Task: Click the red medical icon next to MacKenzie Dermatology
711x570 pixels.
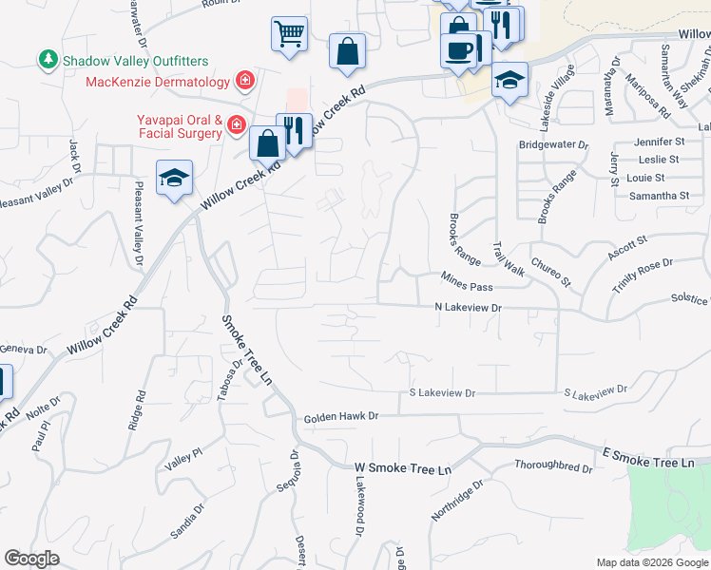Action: coord(245,80)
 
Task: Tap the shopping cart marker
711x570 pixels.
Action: coord(289,33)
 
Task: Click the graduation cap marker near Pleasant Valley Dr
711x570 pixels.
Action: coord(174,178)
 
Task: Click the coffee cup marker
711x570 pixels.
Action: coord(458,48)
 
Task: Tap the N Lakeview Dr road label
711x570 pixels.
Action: coord(468,308)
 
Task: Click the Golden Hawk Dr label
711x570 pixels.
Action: coord(341,417)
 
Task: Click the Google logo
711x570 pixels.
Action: coord(32,559)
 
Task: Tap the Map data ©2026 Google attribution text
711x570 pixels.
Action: coord(652,562)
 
